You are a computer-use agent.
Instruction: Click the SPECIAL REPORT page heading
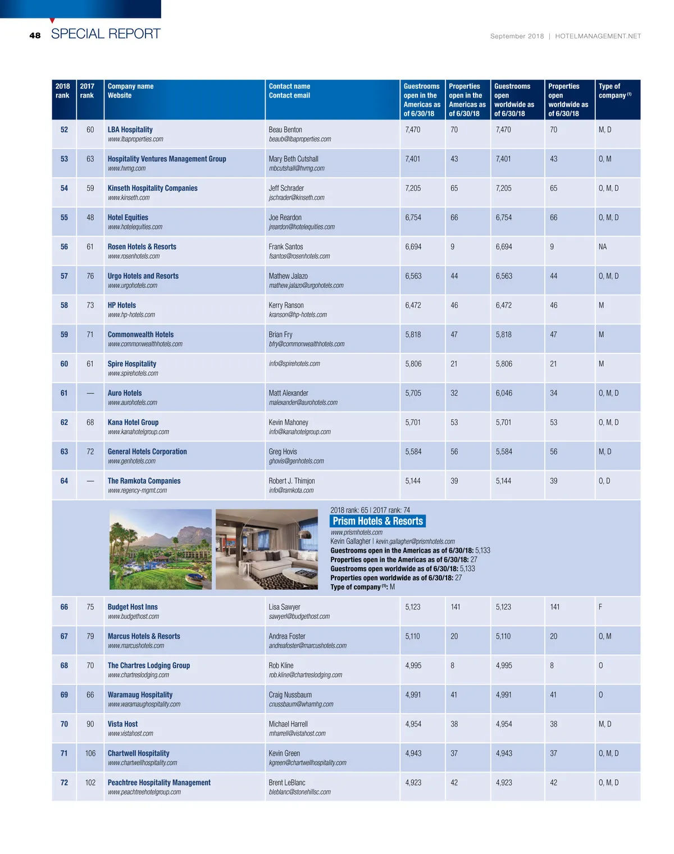click(106, 34)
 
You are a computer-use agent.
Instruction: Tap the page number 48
click(35, 35)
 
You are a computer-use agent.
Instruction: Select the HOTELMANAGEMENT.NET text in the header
click(598, 36)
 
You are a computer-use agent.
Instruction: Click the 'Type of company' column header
click(614, 91)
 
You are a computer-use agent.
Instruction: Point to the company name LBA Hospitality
click(130, 130)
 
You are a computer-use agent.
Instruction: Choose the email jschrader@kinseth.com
click(297, 198)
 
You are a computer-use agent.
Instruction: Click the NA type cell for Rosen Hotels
click(603, 247)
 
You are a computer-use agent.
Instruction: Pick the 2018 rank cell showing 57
click(64, 276)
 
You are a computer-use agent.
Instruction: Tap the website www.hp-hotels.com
click(131, 315)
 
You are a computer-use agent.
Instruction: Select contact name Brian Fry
click(280, 334)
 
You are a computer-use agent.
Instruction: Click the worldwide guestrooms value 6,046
click(504, 393)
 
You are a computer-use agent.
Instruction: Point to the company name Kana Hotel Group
click(133, 423)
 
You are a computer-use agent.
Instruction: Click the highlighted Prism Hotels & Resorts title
click(377, 521)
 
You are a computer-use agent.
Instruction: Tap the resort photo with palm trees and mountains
click(160, 549)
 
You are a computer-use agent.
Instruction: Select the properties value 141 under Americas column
click(456, 607)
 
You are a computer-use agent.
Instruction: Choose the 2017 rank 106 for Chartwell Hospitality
click(90, 754)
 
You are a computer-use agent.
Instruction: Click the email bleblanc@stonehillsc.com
click(299, 792)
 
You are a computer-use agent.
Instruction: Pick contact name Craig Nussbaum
click(290, 695)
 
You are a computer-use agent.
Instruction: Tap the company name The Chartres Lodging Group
click(149, 665)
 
